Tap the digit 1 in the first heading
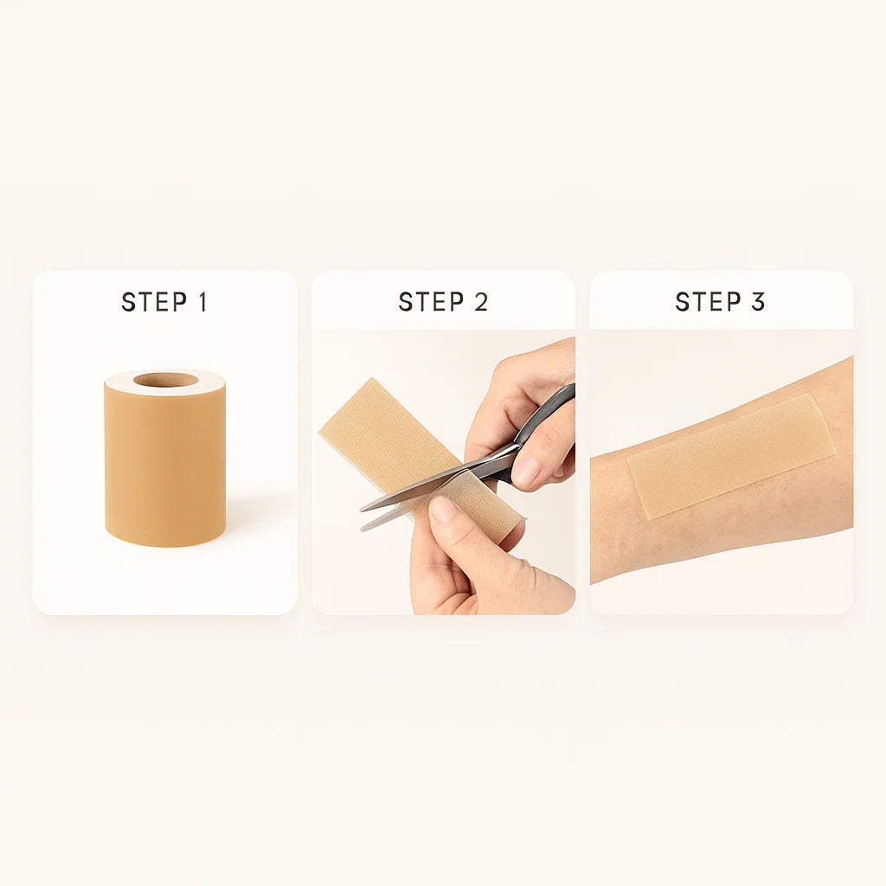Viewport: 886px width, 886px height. [x=202, y=302]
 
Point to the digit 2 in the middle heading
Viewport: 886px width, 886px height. [x=480, y=302]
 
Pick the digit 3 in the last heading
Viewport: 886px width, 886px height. [x=758, y=302]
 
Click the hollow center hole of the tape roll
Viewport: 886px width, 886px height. [x=165, y=380]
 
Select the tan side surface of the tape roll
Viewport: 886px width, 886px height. [x=165, y=467]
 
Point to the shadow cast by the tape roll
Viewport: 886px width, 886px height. [x=251, y=519]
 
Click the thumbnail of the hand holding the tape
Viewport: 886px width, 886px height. [x=443, y=509]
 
